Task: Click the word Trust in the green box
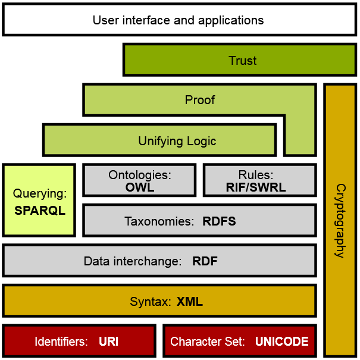[242, 61]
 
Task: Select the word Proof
[199, 100]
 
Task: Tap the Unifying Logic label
[177, 141]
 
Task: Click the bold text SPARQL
[39, 211]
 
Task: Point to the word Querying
[39, 194]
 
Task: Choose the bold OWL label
[140, 187]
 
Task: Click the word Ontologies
[140, 175]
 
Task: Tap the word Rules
[256, 175]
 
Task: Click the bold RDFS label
[219, 222]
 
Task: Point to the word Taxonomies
[159, 222]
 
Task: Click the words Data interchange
[132, 261]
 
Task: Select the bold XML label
[189, 302]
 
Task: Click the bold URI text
[108, 342]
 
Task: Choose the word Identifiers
[61, 342]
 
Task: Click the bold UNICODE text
[281, 342]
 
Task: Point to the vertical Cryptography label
[340, 220]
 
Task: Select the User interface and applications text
[178, 20]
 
